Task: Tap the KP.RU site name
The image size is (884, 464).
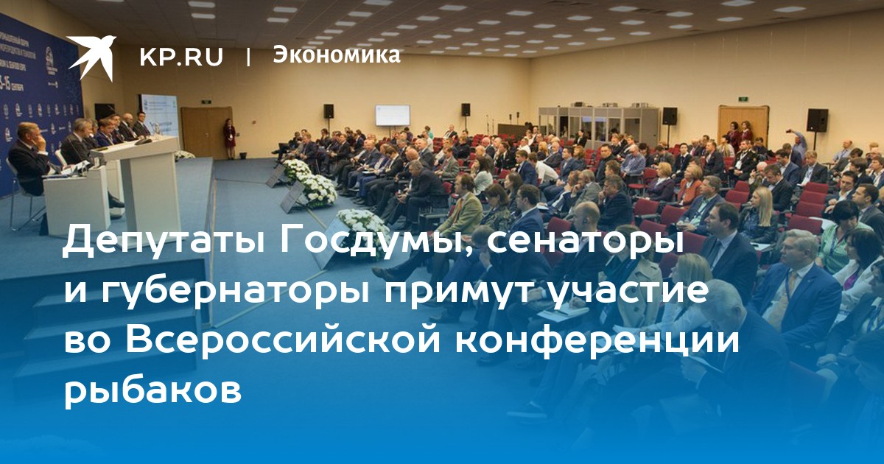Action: pyautogui.click(x=181, y=57)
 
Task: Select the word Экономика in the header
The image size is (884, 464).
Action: pyautogui.click(x=336, y=55)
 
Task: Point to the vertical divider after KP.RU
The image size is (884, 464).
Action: pyautogui.click(x=248, y=57)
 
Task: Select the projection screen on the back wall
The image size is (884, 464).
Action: pyautogui.click(x=392, y=115)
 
